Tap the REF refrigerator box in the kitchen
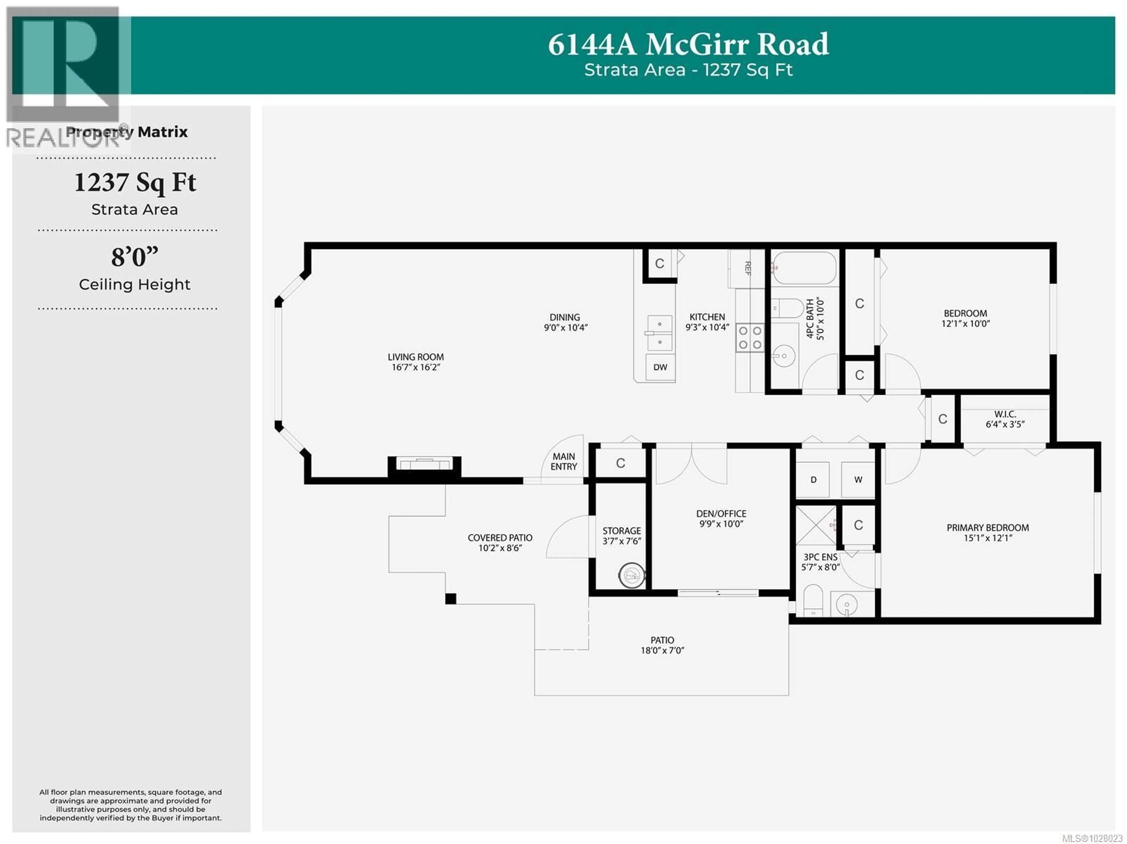click(746, 268)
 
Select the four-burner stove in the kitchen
click(750, 338)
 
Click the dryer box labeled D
click(813, 479)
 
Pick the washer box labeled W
click(858, 479)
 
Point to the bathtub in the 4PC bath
click(804, 267)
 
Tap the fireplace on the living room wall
click(424, 464)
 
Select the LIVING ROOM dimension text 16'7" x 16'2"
click(416, 367)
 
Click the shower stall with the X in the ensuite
click(816, 525)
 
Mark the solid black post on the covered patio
click(451, 599)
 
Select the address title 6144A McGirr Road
click(688, 44)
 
